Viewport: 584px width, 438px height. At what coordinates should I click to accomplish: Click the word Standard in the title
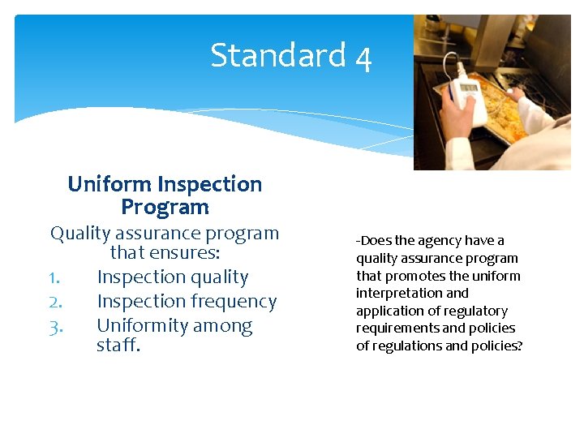point(278,56)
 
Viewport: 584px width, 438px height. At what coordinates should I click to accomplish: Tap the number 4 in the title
point(363,58)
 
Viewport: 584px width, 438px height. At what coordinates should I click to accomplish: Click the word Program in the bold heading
point(165,207)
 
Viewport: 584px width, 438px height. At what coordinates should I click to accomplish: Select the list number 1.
point(54,277)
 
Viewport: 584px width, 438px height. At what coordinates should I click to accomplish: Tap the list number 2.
point(55,302)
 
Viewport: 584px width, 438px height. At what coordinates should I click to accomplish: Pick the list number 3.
point(55,326)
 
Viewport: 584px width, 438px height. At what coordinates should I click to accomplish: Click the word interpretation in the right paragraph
point(401,294)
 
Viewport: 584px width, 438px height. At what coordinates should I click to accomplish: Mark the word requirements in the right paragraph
point(397,328)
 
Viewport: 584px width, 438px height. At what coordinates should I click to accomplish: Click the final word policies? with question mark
point(497,346)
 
